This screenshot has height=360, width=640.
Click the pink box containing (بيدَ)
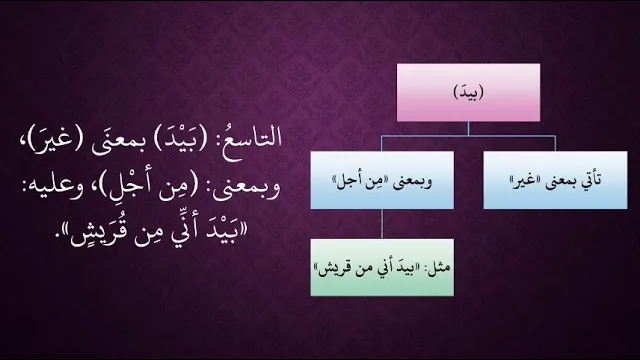point(468,92)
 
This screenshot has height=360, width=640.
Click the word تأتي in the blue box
point(589,180)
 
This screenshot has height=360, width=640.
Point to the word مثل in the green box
point(440,269)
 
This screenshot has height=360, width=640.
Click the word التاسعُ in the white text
point(252,138)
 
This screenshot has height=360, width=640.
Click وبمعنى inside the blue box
point(412,182)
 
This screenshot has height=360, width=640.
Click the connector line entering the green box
point(382,224)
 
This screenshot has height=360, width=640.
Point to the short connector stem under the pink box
point(468,129)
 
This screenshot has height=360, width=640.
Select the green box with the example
point(382,267)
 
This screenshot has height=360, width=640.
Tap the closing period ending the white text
point(67,240)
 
